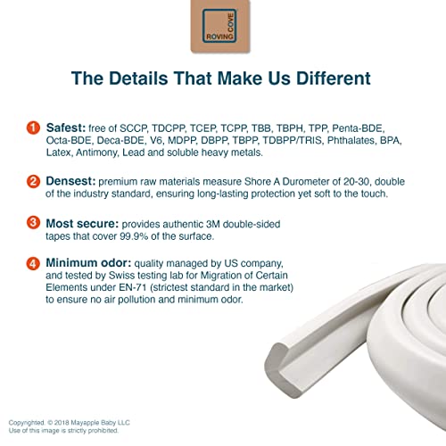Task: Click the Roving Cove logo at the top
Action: point(220,26)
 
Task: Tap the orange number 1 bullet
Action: point(33,128)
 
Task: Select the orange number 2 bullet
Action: point(33,181)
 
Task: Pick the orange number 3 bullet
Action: point(33,223)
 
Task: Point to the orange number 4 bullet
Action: point(33,263)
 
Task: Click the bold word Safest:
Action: point(66,128)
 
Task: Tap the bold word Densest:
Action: point(70,181)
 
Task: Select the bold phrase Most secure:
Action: point(82,224)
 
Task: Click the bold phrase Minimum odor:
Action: point(88,263)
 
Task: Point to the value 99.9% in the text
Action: point(134,236)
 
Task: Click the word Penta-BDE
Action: point(359,128)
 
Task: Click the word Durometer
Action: point(306,181)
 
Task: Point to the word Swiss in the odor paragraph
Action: point(120,276)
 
